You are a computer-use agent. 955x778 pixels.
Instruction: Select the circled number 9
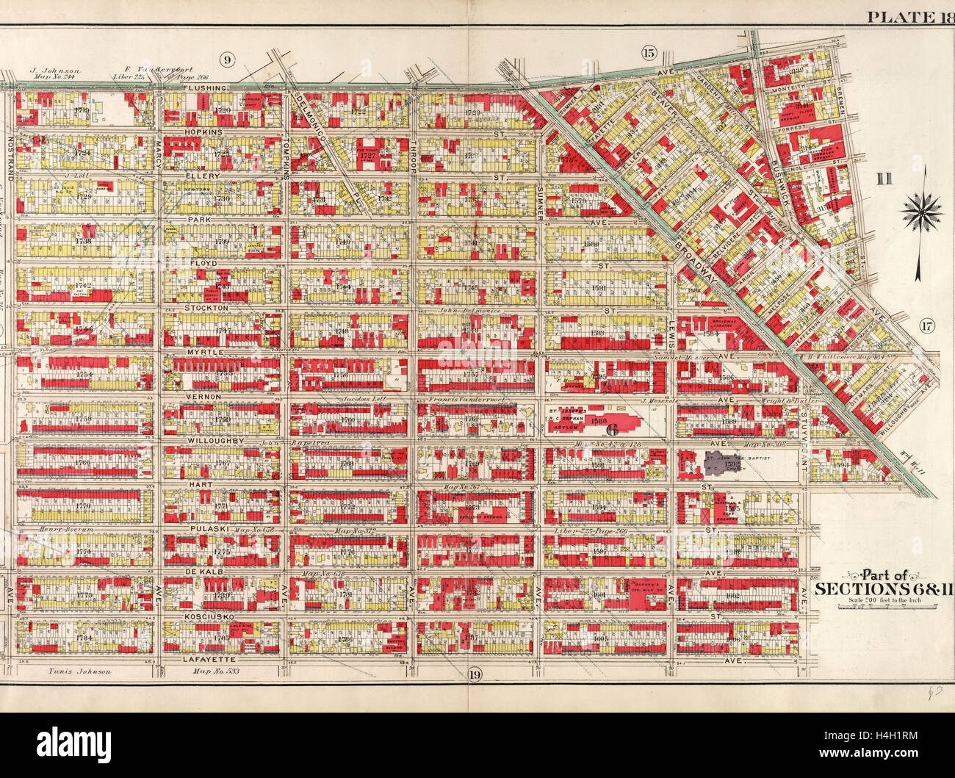[x=227, y=59]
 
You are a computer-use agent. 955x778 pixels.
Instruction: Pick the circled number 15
[x=648, y=52]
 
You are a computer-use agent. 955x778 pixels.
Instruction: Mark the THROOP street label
[x=413, y=154]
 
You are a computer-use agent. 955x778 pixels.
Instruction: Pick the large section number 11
[x=884, y=177]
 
